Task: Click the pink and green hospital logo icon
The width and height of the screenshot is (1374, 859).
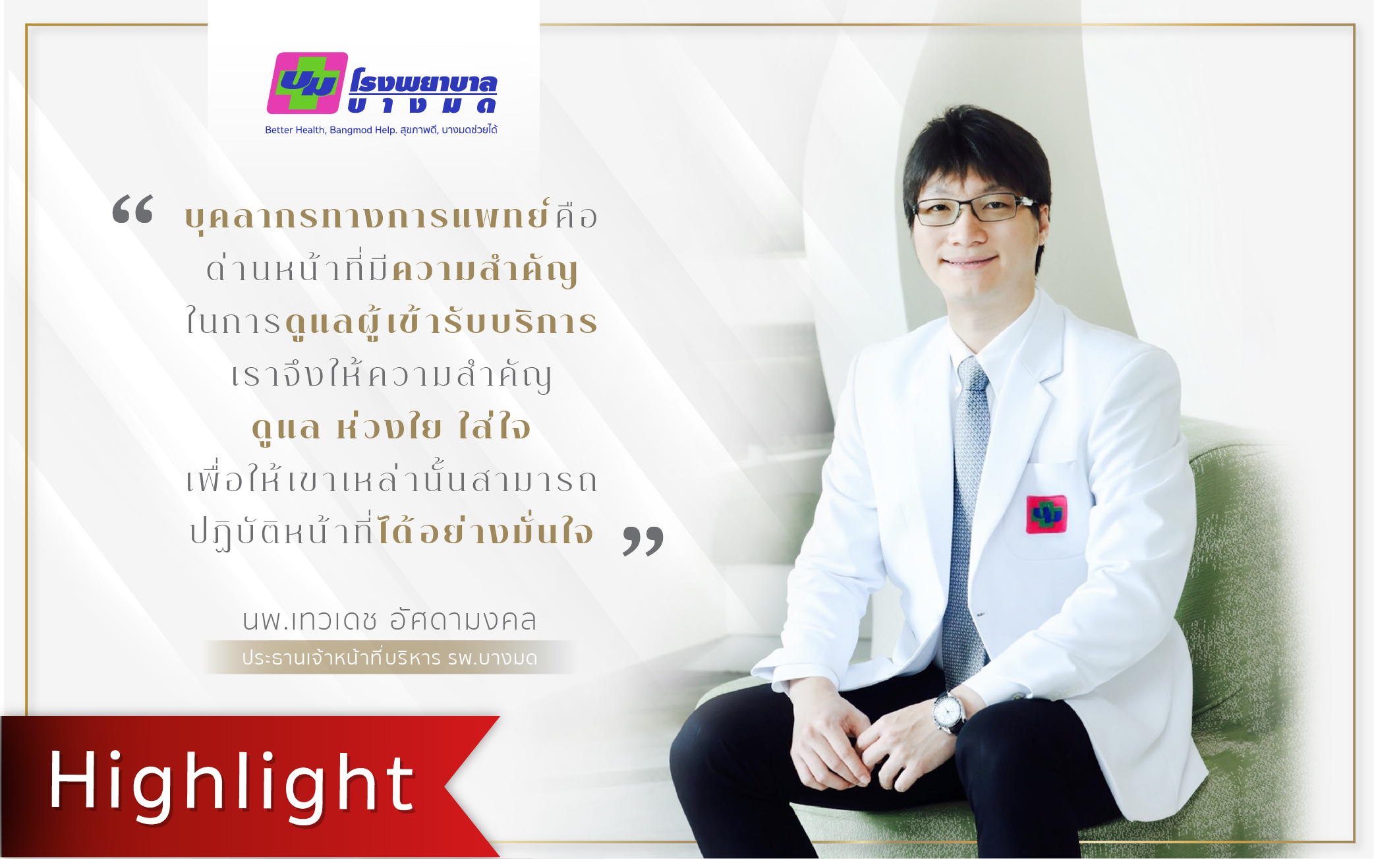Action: pos(307,83)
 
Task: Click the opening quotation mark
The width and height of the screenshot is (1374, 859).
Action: pos(133,209)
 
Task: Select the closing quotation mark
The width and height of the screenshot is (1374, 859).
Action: pos(643,541)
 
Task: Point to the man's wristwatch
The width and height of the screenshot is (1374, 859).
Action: pos(948,711)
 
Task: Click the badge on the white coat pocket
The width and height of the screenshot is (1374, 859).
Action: pos(1046,514)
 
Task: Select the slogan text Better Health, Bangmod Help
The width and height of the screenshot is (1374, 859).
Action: pos(331,130)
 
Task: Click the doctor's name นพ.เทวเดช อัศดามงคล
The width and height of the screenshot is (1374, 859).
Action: pos(389,620)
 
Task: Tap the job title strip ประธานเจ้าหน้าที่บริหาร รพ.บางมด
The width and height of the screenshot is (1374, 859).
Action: pos(389,658)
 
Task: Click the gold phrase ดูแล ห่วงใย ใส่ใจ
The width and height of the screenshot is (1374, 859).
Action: pos(391,427)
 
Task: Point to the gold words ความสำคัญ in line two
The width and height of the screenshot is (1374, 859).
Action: pos(485,271)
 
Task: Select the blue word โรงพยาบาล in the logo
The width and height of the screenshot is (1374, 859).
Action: pos(423,82)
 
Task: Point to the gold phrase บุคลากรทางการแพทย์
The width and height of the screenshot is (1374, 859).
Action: pos(367,216)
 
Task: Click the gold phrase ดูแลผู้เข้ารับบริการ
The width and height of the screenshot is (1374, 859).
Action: pos(441,322)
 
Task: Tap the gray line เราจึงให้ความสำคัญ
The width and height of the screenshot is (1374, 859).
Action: pos(391,375)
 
